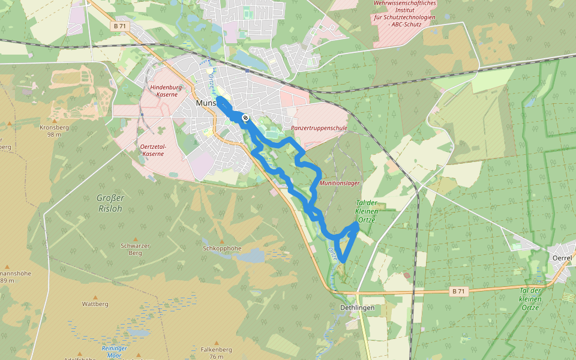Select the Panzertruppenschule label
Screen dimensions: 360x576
(x=319, y=128)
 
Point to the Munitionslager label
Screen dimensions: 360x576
(x=340, y=182)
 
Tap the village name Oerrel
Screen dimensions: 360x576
(x=562, y=257)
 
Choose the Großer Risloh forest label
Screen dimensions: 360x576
(x=110, y=203)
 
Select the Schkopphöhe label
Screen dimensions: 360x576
(x=222, y=248)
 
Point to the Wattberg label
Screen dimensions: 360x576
(x=95, y=304)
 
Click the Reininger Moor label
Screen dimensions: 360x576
(x=113, y=352)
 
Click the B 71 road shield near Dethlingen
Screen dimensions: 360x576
(x=458, y=292)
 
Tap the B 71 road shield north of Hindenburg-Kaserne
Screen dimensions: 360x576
(x=120, y=26)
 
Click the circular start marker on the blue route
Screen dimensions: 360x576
(x=245, y=118)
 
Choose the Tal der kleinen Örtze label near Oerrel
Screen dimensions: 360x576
(x=530, y=299)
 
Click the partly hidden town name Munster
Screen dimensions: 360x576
(x=206, y=103)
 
